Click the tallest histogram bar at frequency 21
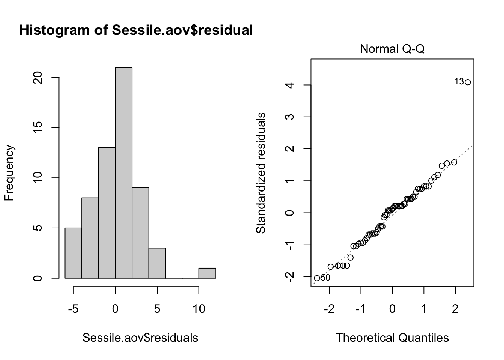pyautogui.click(x=123, y=172)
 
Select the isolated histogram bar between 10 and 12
pyautogui.click(x=207, y=273)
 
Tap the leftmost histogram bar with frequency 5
pyautogui.click(x=73, y=253)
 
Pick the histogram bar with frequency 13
pyautogui.click(x=107, y=213)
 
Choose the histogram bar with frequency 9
pyautogui.click(x=140, y=233)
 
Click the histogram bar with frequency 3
pyautogui.click(x=157, y=263)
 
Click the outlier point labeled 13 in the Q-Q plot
pyautogui.click(x=467, y=82)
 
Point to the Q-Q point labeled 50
pyautogui.click(x=317, y=278)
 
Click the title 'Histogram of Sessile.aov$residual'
pyautogui.click(x=136, y=30)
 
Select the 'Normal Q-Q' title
pyautogui.click(x=392, y=49)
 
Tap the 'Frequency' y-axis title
pyautogui.click(x=9, y=173)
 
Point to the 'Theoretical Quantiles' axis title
pyautogui.click(x=392, y=337)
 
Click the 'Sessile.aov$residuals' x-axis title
pyautogui.click(x=140, y=337)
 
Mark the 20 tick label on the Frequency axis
pyautogui.click(x=37, y=78)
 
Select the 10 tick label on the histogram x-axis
pyautogui.click(x=199, y=309)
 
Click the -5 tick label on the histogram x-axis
pyautogui.click(x=73, y=309)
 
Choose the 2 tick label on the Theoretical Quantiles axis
pyautogui.click(x=455, y=309)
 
